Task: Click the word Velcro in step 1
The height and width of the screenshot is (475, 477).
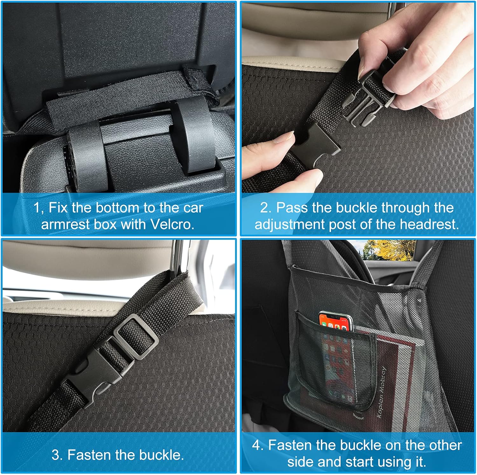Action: coord(171,224)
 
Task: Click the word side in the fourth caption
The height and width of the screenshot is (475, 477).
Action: coord(301,462)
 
